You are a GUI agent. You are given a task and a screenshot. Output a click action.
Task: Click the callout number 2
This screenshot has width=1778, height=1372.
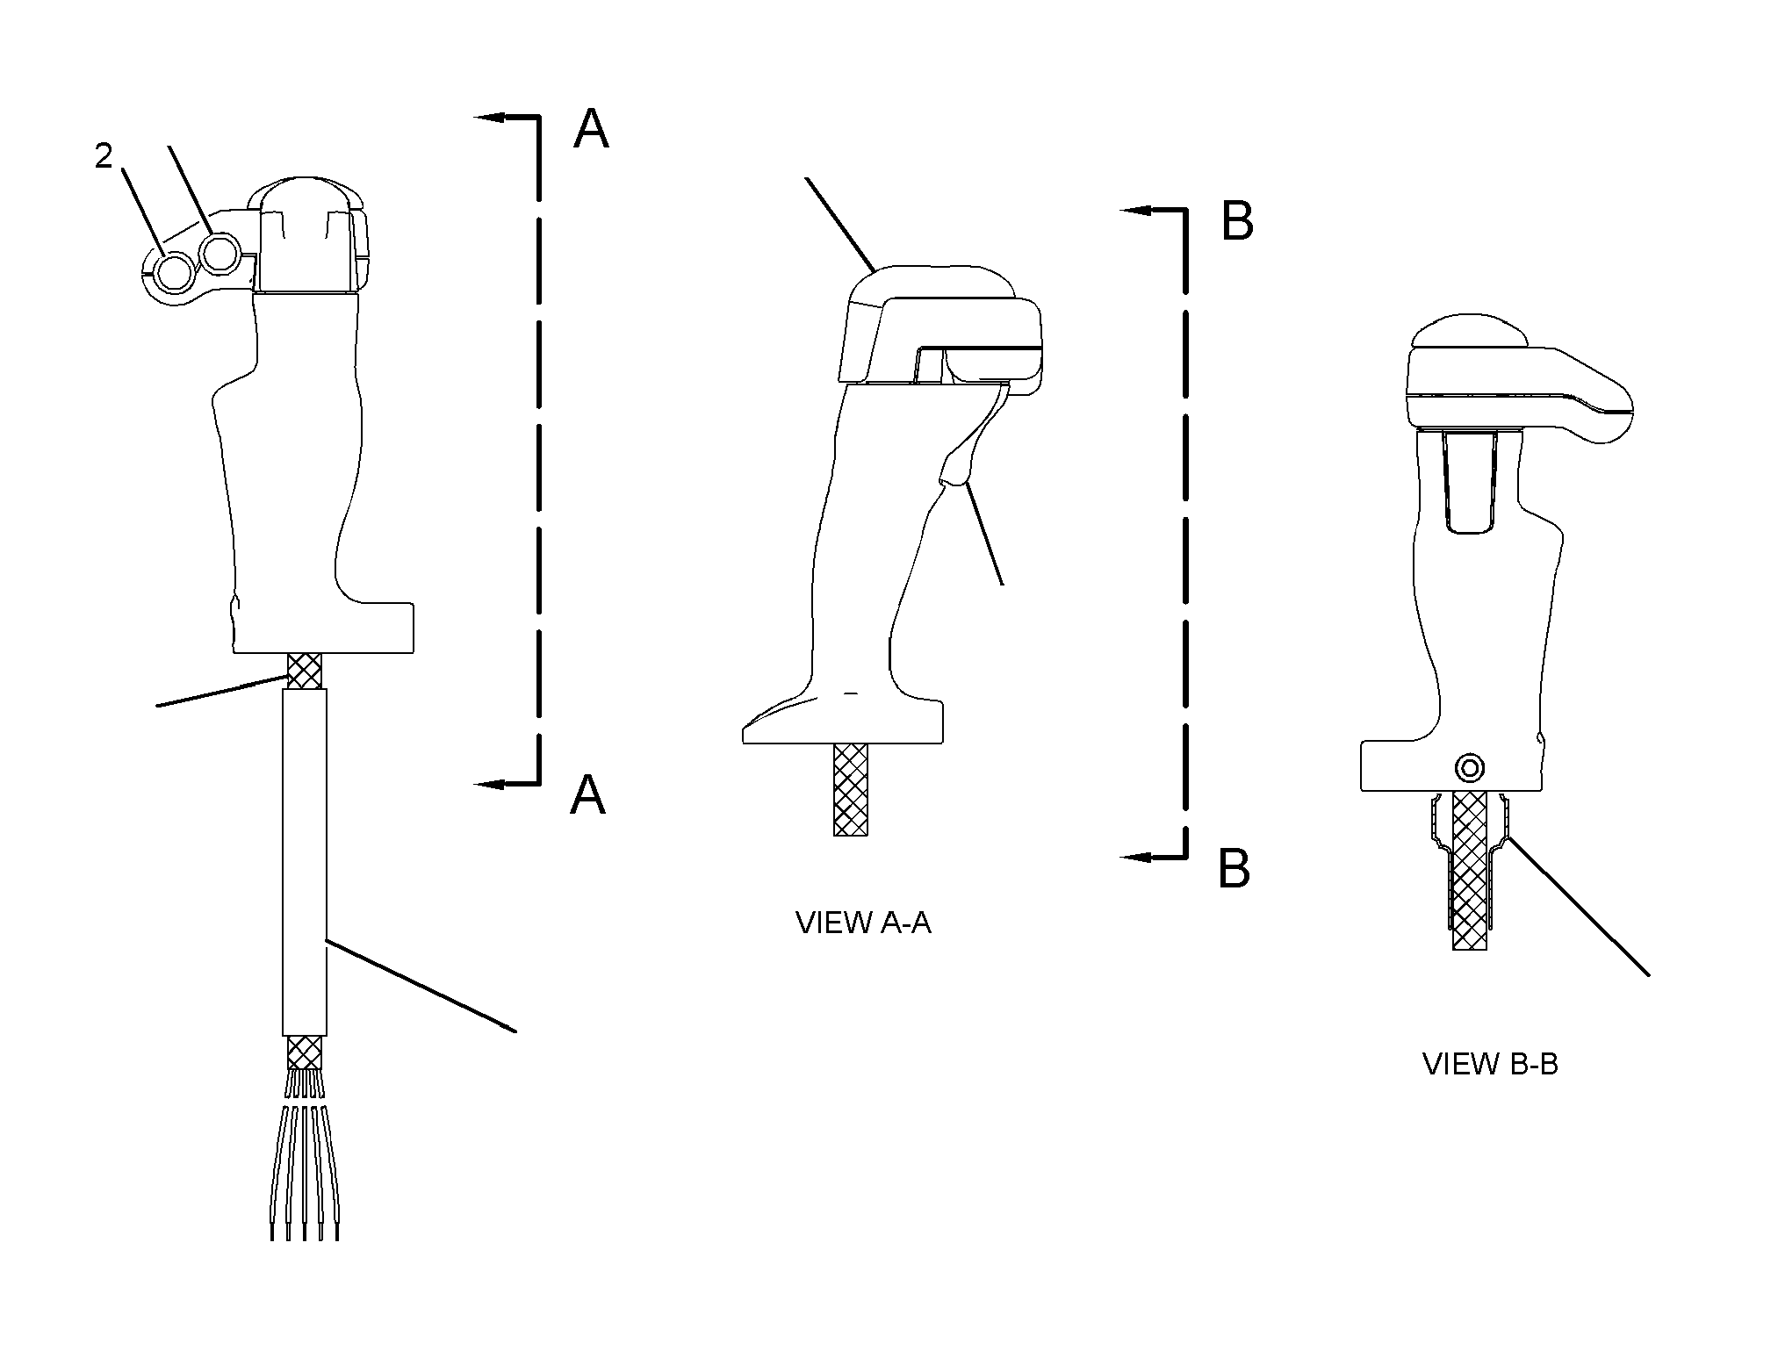(x=104, y=156)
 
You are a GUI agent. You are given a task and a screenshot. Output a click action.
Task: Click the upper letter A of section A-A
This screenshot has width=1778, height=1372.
(x=591, y=129)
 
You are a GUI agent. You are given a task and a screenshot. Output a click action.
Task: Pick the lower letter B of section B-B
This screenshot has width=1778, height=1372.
(x=1234, y=868)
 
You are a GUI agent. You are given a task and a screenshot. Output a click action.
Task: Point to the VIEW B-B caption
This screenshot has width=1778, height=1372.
(x=1490, y=1064)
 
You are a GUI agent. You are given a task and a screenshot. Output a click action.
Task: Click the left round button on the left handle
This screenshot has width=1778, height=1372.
(x=174, y=271)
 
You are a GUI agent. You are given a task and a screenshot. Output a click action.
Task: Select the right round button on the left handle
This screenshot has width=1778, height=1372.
(x=218, y=254)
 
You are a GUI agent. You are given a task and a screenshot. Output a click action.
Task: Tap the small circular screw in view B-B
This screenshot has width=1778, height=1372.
(x=1469, y=769)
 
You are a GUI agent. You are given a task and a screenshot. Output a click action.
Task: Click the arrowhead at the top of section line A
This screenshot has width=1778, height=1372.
(x=493, y=116)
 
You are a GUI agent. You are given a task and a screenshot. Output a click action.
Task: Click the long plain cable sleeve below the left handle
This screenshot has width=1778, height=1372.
(x=305, y=862)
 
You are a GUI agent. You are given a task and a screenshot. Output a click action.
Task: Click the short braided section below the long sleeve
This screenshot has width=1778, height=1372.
(x=305, y=1052)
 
